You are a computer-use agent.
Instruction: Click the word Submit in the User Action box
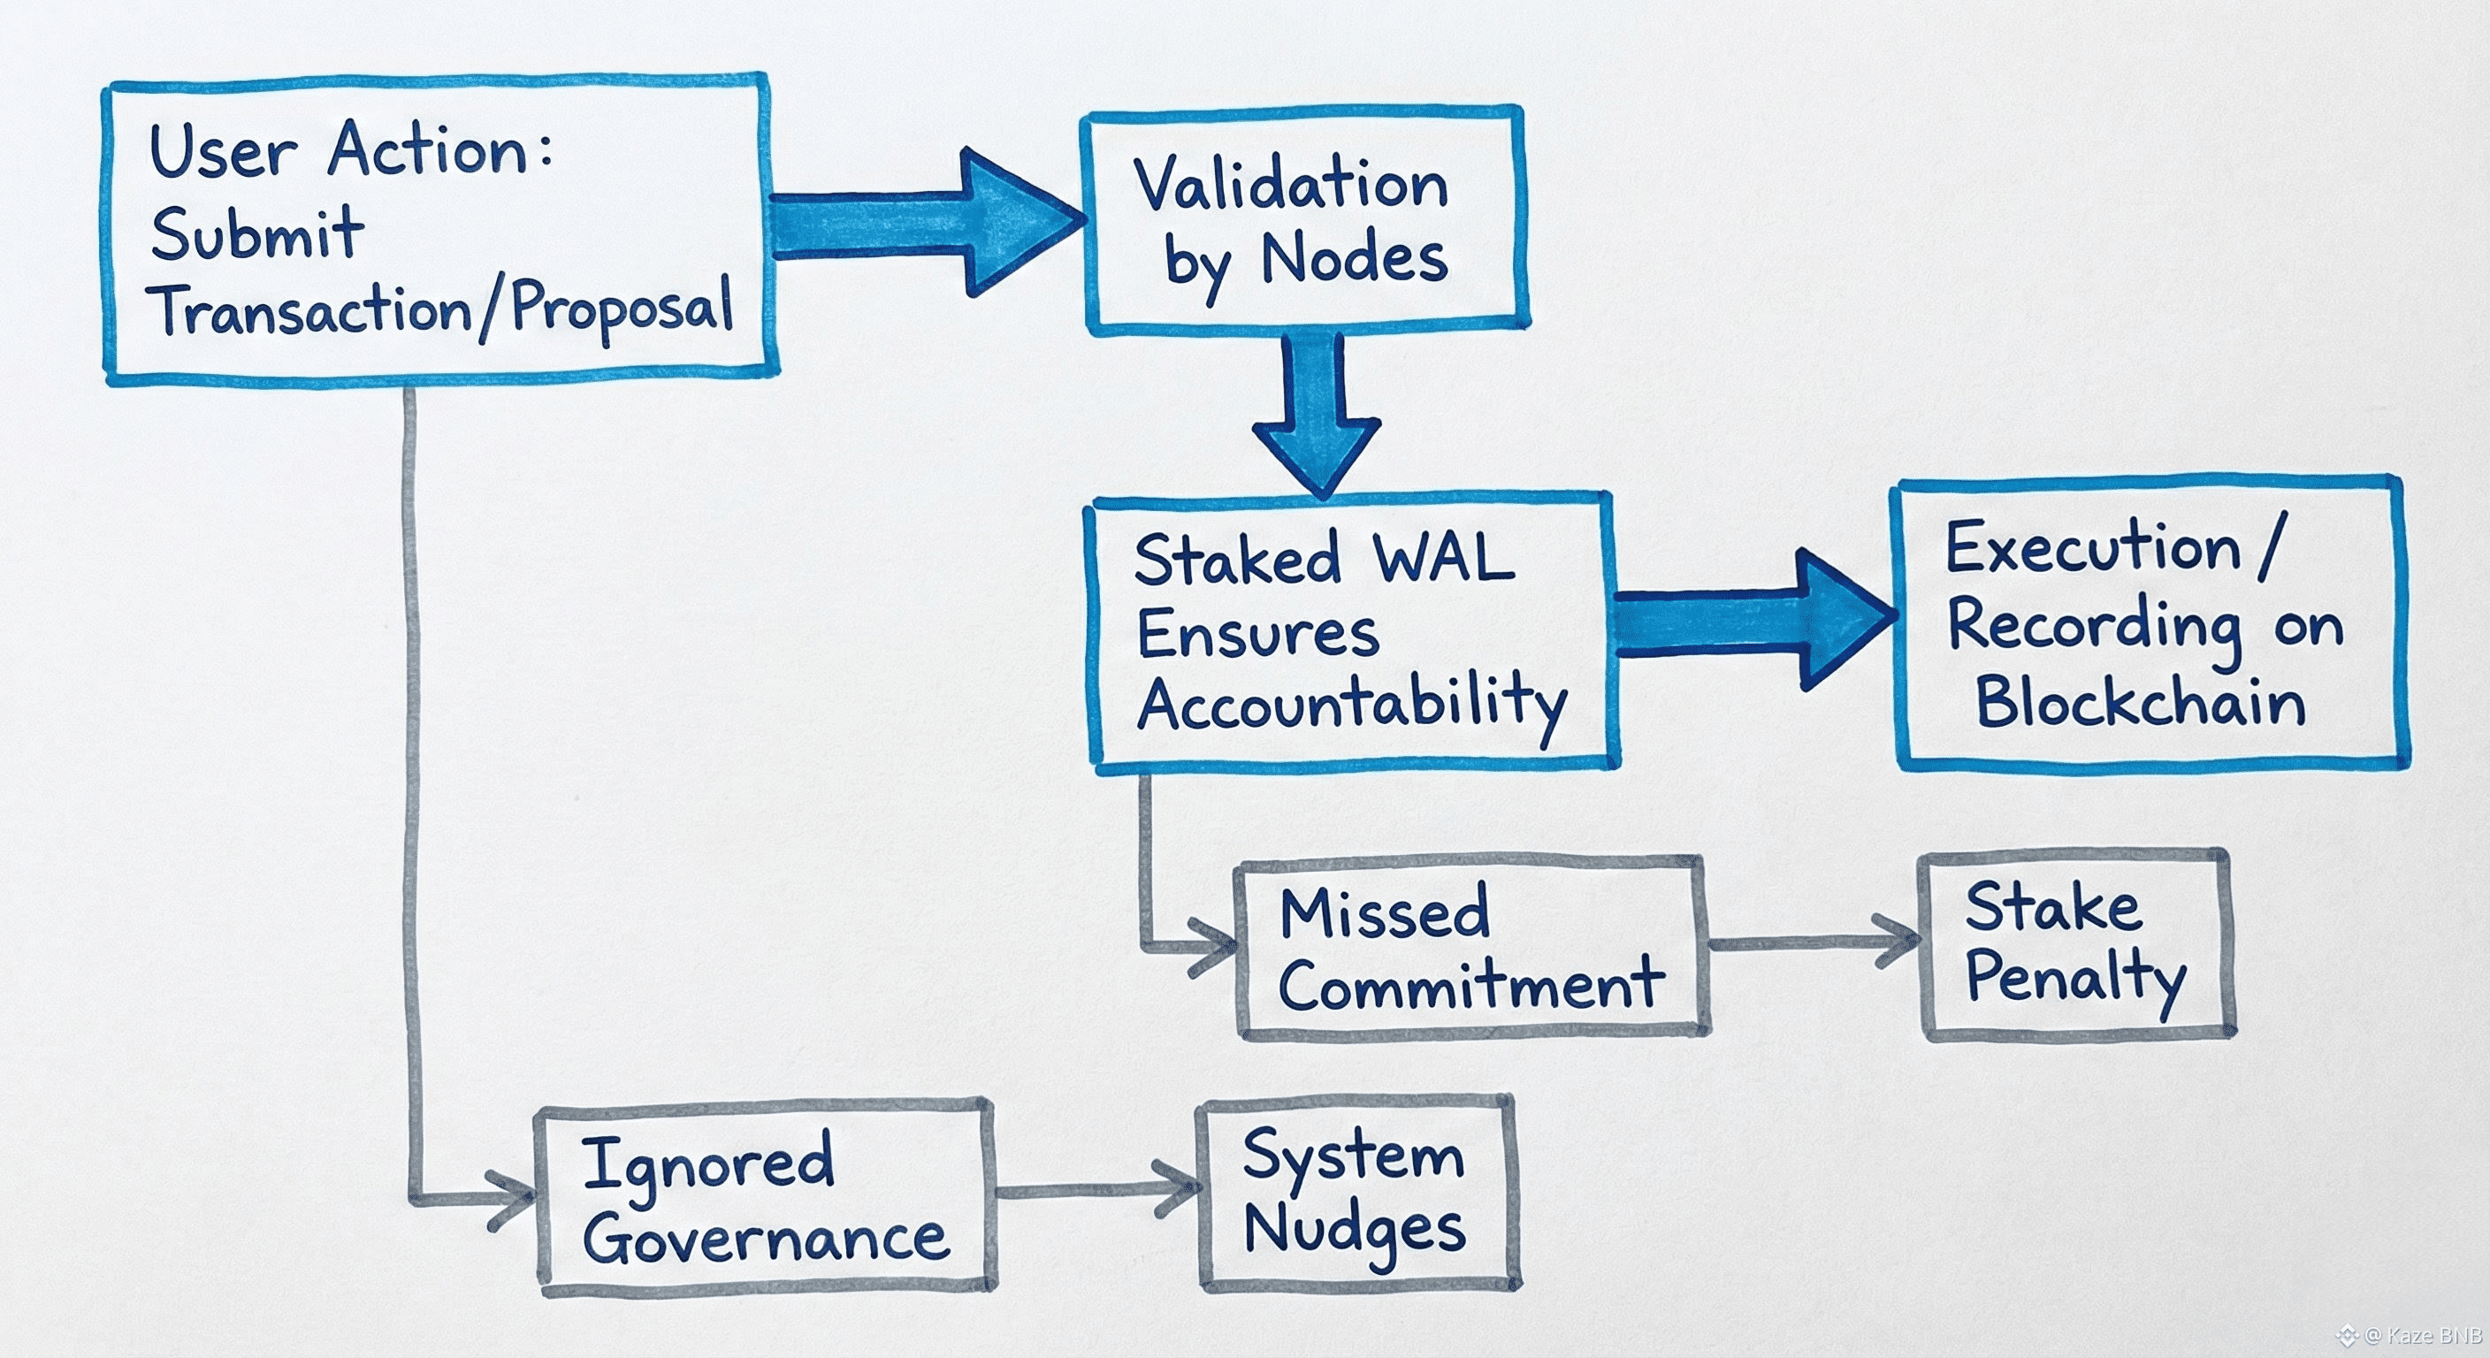coord(257,234)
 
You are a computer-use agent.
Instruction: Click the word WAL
coord(1444,559)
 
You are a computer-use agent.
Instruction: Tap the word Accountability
coord(1351,704)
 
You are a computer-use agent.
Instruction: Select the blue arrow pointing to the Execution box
coord(1750,621)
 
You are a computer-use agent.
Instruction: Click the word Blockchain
coord(2140,702)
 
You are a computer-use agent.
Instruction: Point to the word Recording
coord(2094,626)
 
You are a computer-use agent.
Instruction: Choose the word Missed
coord(1384,912)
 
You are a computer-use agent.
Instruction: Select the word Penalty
coord(2074,978)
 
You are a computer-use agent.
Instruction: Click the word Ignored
coord(707,1163)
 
